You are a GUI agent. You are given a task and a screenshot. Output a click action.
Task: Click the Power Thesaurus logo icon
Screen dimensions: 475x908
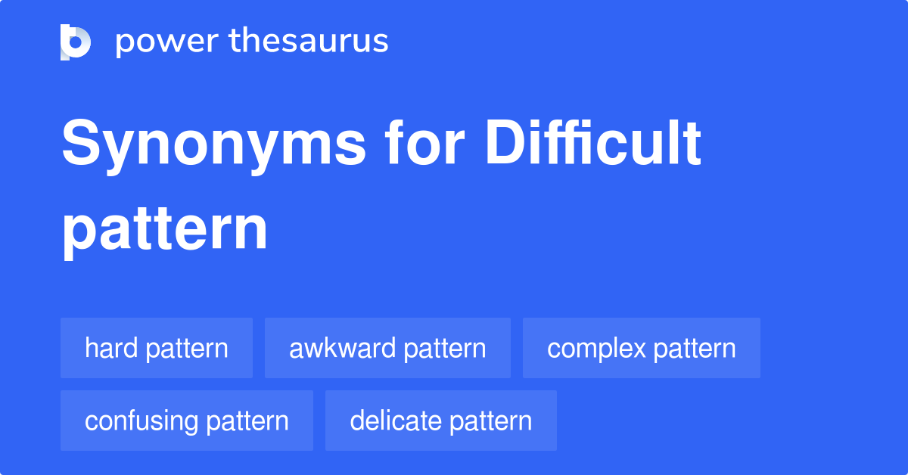click(x=76, y=42)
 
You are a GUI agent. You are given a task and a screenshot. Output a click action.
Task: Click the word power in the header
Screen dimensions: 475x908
click(x=161, y=42)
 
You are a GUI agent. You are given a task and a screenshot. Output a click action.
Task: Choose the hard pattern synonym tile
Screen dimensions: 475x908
click(x=157, y=348)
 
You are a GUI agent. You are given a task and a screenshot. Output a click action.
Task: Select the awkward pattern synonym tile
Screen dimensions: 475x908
click(x=387, y=348)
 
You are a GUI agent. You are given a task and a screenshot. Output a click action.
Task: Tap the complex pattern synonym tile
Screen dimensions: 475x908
click(x=641, y=348)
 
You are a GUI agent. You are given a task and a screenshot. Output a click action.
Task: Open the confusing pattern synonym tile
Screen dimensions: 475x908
click(x=187, y=421)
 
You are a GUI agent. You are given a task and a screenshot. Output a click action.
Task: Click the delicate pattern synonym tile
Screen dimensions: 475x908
click(x=440, y=421)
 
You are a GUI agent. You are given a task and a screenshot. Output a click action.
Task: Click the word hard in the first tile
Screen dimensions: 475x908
click(x=111, y=348)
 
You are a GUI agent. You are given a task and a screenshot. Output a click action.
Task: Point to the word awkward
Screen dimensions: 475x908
click(x=342, y=348)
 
